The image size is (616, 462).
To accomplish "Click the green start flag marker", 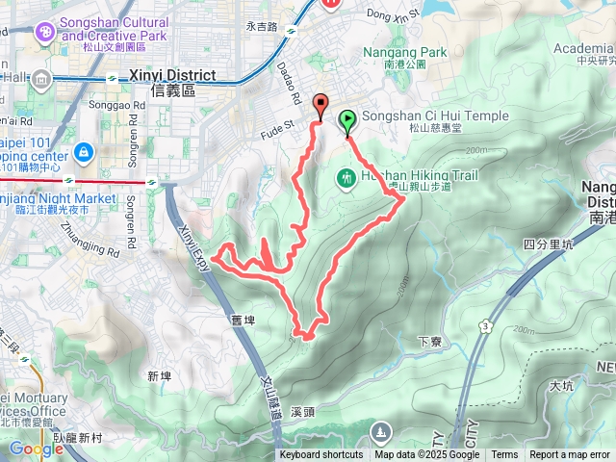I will click(x=346, y=121).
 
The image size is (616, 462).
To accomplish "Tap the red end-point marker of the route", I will click(x=321, y=106).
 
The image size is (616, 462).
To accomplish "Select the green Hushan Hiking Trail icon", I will click(x=346, y=177).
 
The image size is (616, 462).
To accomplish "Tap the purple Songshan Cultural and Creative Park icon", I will click(x=44, y=34).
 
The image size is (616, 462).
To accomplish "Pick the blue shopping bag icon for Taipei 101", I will click(x=84, y=151).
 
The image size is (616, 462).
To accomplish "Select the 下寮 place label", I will click(x=429, y=340).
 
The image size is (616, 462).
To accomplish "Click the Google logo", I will click(x=36, y=449).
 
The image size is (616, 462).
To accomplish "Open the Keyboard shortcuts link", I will click(x=321, y=455).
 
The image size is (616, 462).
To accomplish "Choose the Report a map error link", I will click(x=570, y=455).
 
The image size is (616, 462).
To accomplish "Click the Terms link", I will click(x=504, y=455).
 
